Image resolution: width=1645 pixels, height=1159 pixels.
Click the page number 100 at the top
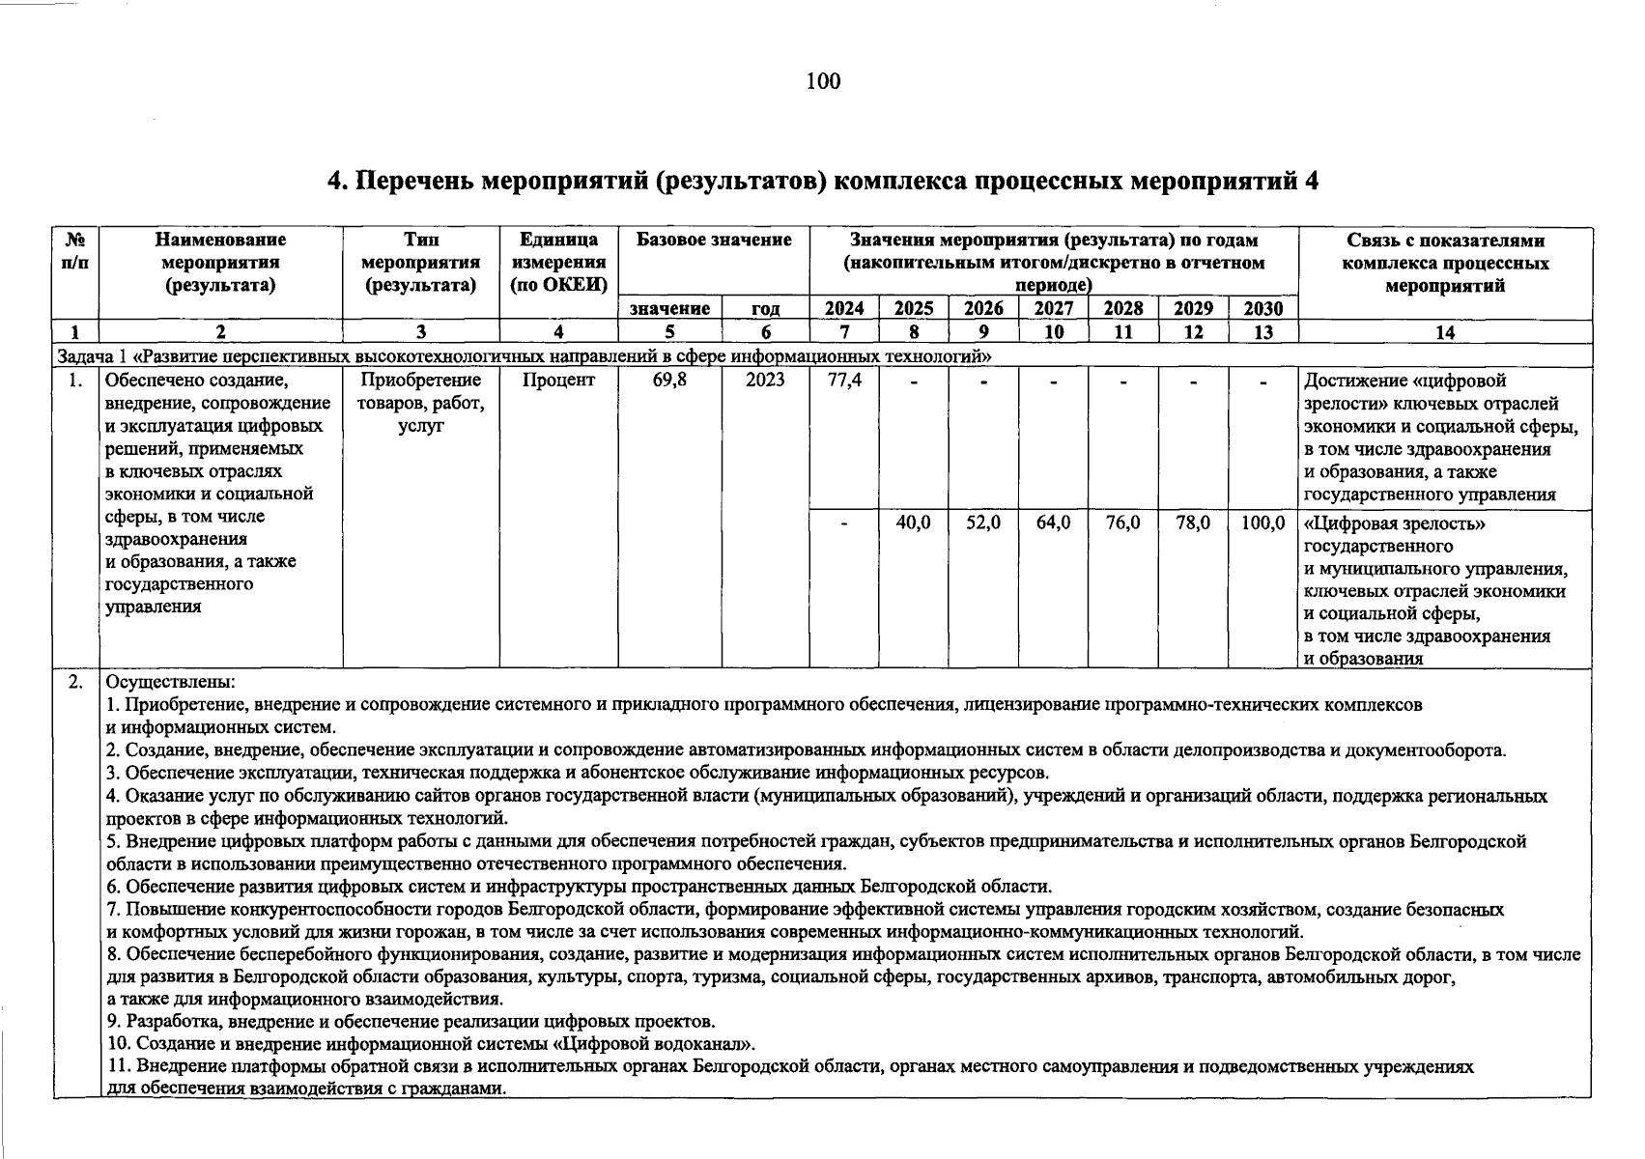point(823,81)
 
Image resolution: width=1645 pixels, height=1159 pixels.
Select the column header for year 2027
point(1054,309)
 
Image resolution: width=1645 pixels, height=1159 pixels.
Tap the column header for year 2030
point(1262,309)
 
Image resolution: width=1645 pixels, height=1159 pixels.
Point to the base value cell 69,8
point(669,381)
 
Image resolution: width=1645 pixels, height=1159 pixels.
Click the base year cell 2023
point(765,381)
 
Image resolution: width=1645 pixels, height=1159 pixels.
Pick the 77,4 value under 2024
point(844,381)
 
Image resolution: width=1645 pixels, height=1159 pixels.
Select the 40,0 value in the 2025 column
point(913,523)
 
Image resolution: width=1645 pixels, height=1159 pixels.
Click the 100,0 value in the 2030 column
point(1262,523)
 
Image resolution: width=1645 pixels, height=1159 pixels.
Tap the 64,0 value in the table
point(1054,523)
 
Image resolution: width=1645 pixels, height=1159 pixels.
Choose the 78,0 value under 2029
point(1193,523)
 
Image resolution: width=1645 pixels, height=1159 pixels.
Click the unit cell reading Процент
point(558,381)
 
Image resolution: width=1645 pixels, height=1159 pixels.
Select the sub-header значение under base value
point(669,309)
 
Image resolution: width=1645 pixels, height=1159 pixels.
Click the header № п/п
point(75,251)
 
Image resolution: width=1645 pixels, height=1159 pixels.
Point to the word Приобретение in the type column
point(420,381)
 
